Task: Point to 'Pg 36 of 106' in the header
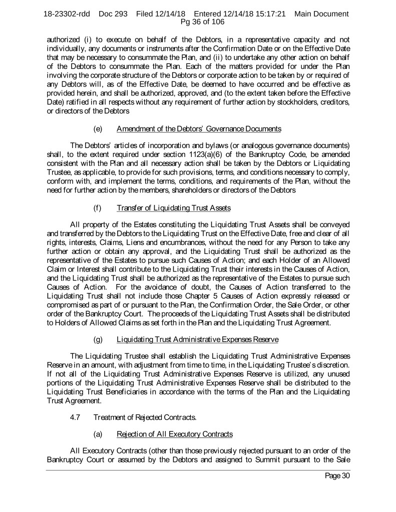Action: pyautogui.click(x=198, y=22)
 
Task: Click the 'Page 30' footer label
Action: pyautogui.click(x=337, y=475)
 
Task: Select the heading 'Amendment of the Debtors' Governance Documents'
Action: pyautogui.click(x=198, y=129)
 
